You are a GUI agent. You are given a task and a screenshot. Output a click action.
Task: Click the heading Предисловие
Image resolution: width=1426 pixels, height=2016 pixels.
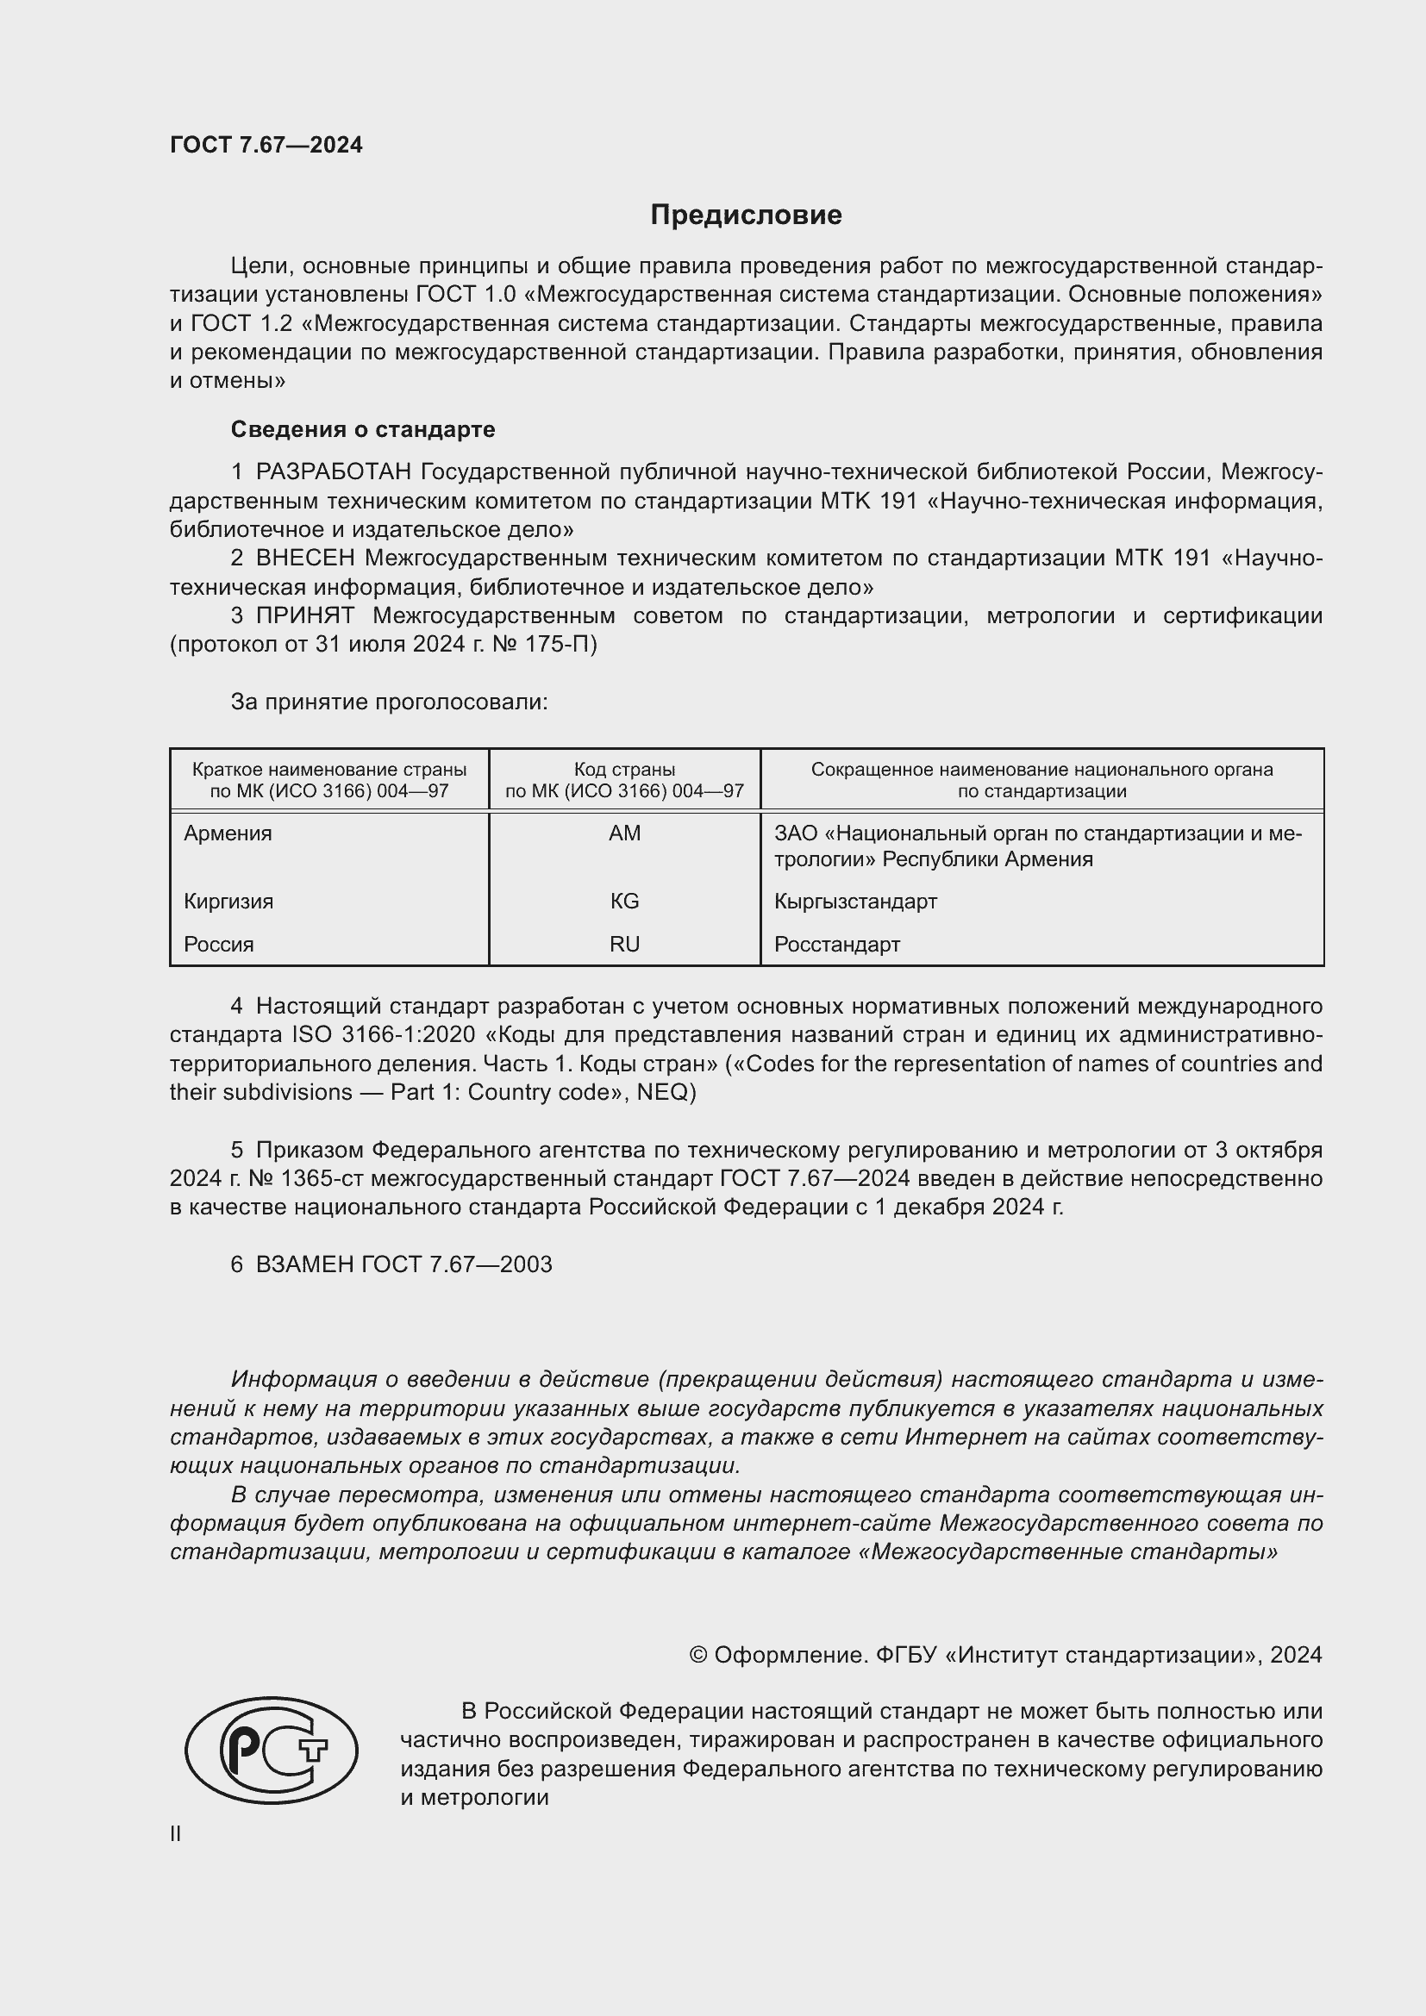click(746, 215)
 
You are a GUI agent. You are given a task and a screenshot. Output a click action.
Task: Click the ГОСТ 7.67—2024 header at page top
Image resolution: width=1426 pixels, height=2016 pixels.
click(266, 145)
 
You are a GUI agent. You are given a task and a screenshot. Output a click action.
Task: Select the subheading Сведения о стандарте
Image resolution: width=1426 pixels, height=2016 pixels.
click(363, 429)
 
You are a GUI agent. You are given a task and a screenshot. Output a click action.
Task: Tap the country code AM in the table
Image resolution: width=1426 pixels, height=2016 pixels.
click(624, 833)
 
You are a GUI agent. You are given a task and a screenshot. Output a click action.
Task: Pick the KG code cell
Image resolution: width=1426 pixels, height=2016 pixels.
click(624, 901)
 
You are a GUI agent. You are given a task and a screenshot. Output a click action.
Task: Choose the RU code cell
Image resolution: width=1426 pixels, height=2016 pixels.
click(624, 944)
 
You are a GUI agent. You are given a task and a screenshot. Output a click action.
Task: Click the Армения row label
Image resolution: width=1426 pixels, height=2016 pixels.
click(228, 833)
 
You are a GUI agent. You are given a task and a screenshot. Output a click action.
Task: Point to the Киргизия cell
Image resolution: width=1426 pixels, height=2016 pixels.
click(228, 901)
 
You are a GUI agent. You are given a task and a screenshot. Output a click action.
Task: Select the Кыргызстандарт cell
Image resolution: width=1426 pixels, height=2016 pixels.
click(855, 901)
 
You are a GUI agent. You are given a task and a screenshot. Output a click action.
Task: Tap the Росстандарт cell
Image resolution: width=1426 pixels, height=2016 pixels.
click(837, 944)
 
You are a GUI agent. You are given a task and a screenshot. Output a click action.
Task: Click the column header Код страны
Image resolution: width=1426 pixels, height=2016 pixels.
click(624, 770)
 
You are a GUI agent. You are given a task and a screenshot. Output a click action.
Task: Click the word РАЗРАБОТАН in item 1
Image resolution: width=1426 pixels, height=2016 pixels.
click(333, 472)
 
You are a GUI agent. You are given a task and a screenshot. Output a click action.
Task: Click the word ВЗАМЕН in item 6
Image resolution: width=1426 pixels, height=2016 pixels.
click(304, 1264)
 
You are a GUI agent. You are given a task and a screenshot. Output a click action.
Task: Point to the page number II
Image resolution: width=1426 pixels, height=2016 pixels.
click(176, 1834)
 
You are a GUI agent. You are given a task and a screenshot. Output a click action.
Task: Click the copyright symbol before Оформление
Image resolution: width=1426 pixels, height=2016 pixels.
click(698, 1655)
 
